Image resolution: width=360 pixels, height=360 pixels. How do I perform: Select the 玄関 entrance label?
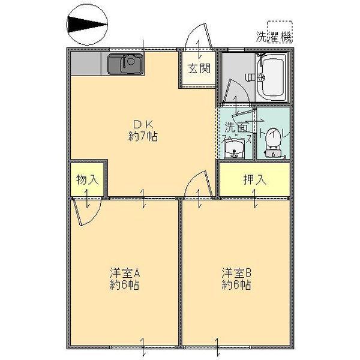click(x=197, y=68)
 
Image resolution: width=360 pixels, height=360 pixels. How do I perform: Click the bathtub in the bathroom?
click(x=271, y=77)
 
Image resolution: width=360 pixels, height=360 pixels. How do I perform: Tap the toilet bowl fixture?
click(x=273, y=144)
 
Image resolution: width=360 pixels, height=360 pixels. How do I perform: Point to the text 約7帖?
click(x=143, y=137)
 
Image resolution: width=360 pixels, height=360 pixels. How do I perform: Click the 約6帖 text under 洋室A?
click(x=125, y=285)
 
